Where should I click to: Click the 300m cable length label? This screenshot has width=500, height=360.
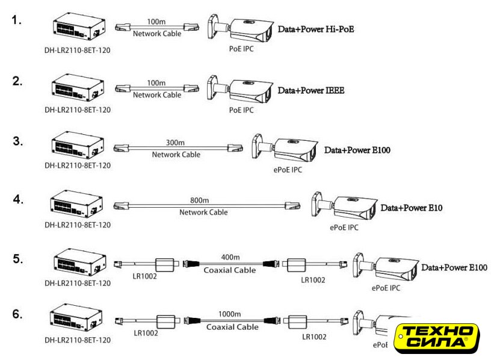pos(175,142)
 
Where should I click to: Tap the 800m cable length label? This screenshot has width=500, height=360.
pos(200,200)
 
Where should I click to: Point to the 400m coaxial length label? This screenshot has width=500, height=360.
pos(230,257)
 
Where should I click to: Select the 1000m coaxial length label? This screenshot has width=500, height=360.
pos(230,314)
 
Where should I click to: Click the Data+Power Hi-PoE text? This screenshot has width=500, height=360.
pos(316,29)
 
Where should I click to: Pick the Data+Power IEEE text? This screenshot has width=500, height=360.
pos(311,90)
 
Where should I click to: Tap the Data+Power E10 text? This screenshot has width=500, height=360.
pos(412,208)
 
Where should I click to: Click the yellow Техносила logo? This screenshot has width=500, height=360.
pos(437,338)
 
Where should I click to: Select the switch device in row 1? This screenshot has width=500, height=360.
pos(79,27)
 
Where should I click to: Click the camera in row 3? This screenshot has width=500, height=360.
pos(285,149)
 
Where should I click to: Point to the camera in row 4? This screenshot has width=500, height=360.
pos(344,207)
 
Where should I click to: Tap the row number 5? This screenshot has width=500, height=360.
pos(18,258)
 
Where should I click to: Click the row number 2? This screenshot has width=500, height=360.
pos(17,81)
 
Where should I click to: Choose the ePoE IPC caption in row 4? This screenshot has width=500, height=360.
pos(344,227)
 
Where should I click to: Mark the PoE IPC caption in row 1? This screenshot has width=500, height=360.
pos(241,49)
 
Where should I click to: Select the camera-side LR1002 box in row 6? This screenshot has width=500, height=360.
pos(297,322)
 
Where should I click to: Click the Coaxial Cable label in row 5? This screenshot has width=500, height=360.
pos(230,270)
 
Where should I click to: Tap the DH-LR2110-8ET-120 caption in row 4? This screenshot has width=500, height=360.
pos(78,225)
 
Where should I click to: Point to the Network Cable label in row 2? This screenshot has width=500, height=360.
pos(157,95)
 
